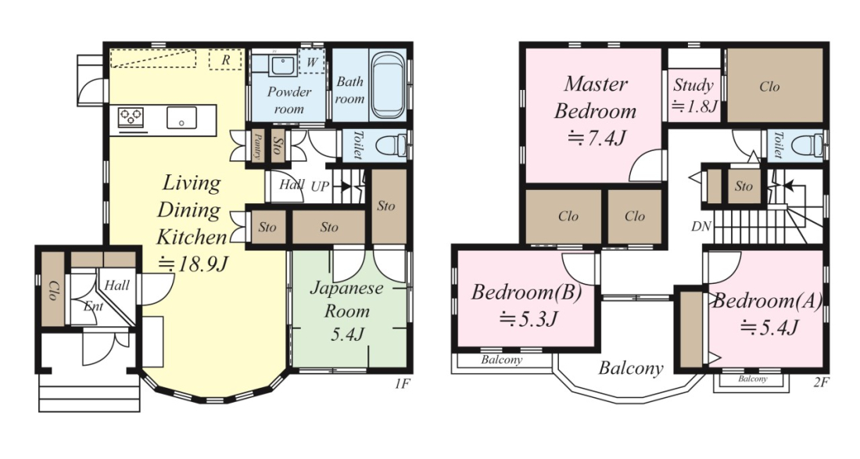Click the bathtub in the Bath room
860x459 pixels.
(x=389, y=85)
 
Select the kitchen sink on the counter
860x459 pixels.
(x=182, y=117)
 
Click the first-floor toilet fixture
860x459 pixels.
(x=392, y=146)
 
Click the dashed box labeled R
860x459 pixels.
(x=225, y=59)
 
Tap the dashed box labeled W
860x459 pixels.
(x=311, y=62)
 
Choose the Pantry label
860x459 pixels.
(x=257, y=146)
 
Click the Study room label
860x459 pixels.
(x=693, y=85)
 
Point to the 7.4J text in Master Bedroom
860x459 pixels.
(x=597, y=138)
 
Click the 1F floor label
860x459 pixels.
(x=402, y=383)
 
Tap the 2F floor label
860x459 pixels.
(x=821, y=383)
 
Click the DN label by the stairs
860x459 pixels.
(x=701, y=226)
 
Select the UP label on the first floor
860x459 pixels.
(x=321, y=186)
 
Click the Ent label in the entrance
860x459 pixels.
(x=93, y=306)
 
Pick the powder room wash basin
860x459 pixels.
(x=283, y=65)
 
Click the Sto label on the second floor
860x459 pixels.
(x=744, y=186)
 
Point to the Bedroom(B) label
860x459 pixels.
(x=526, y=292)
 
